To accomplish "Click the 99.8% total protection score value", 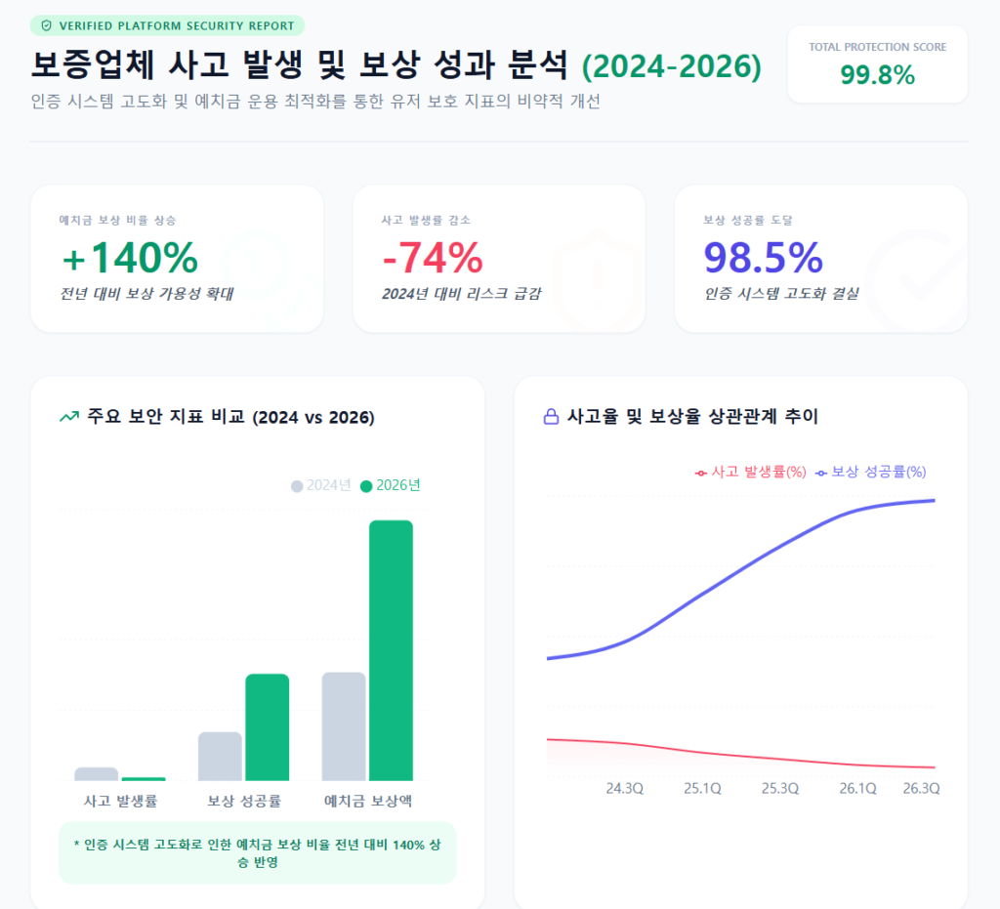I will pyautogui.click(x=877, y=75).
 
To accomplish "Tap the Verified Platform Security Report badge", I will pyautogui.click(x=167, y=25).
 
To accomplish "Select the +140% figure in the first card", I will pyautogui.click(x=130, y=258).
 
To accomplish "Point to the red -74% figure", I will pyautogui.click(x=433, y=258).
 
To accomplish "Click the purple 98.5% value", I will pyautogui.click(x=764, y=258).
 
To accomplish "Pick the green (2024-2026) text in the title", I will pyautogui.click(x=671, y=66).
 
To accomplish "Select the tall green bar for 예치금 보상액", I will pyautogui.click(x=391, y=650).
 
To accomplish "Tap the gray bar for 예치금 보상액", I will pyautogui.click(x=344, y=726).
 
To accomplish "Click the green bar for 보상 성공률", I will pyautogui.click(x=267, y=727).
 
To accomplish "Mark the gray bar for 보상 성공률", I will pyautogui.click(x=220, y=757).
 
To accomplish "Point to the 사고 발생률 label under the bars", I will pyautogui.click(x=121, y=802).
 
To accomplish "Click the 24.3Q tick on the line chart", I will pyautogui.click(x=624, y=789).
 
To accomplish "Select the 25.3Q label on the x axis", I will pyautogui.click(x=780, y=789).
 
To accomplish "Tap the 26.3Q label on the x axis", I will pyautogui.click(x=921, y=789).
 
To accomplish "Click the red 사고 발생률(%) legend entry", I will pyautogui.click(x=750, y=473).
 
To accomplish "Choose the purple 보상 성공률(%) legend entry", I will pyautogui.click(x=871, y=473).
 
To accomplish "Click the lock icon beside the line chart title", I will pyautogui.click(x=551, y=417).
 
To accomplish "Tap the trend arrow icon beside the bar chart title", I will pyautogui.click(x=68, y=417).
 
